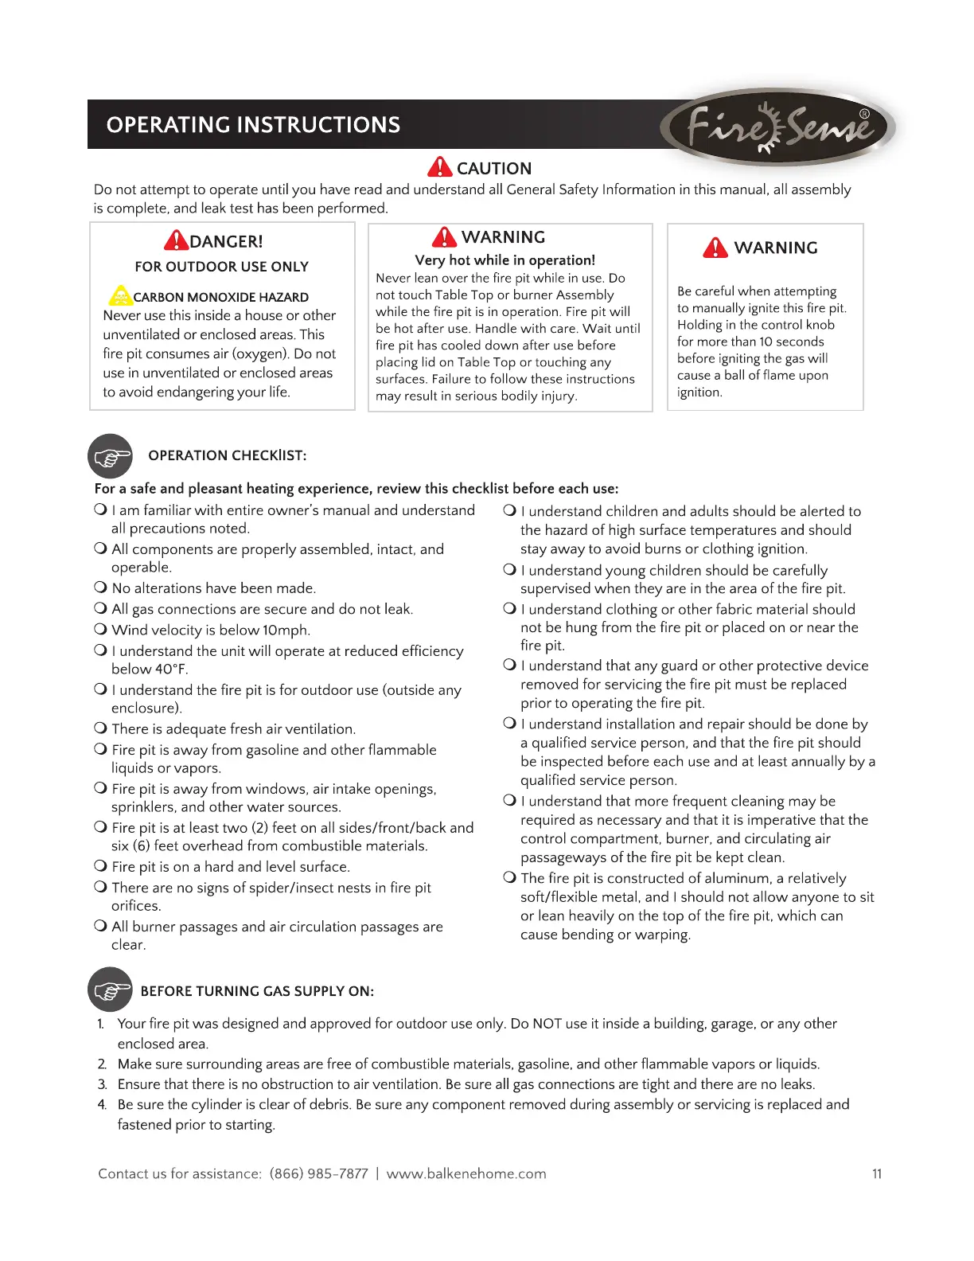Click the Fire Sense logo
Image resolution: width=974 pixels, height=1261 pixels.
(x=778, y=127)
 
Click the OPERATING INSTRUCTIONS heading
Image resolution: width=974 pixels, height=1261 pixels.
(x=253, y=125)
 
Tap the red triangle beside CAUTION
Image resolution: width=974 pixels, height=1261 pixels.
(x=439, y=167)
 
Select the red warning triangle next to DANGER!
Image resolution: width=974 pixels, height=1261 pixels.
(x=176, y=240)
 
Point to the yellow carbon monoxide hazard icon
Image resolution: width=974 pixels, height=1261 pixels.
(x=119, y=296)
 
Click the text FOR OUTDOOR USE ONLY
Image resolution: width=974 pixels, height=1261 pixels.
(x=221, y=267)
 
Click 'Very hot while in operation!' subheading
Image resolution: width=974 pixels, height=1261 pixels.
(x=505, y=260)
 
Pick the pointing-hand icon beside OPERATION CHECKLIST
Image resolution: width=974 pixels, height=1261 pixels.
(x=111, y=456)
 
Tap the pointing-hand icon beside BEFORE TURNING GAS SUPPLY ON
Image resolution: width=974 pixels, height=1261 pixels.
(x=111, y=990)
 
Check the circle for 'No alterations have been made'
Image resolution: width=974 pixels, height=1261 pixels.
(x=101, y=588)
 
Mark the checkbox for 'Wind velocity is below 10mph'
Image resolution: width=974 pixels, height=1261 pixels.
(x=101, y=629)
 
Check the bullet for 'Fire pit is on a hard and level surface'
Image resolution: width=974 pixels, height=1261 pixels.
(x=101, y=865)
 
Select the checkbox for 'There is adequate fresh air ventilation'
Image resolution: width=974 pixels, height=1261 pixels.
(x=101, y=728)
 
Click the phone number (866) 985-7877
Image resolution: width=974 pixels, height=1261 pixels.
(x=318, y=1173)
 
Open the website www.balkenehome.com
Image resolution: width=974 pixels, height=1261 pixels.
(x=466, y=1173)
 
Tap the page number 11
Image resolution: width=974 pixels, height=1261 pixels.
(x=876, y=1173)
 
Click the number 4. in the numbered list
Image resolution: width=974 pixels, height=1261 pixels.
(x=102, y=1104)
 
